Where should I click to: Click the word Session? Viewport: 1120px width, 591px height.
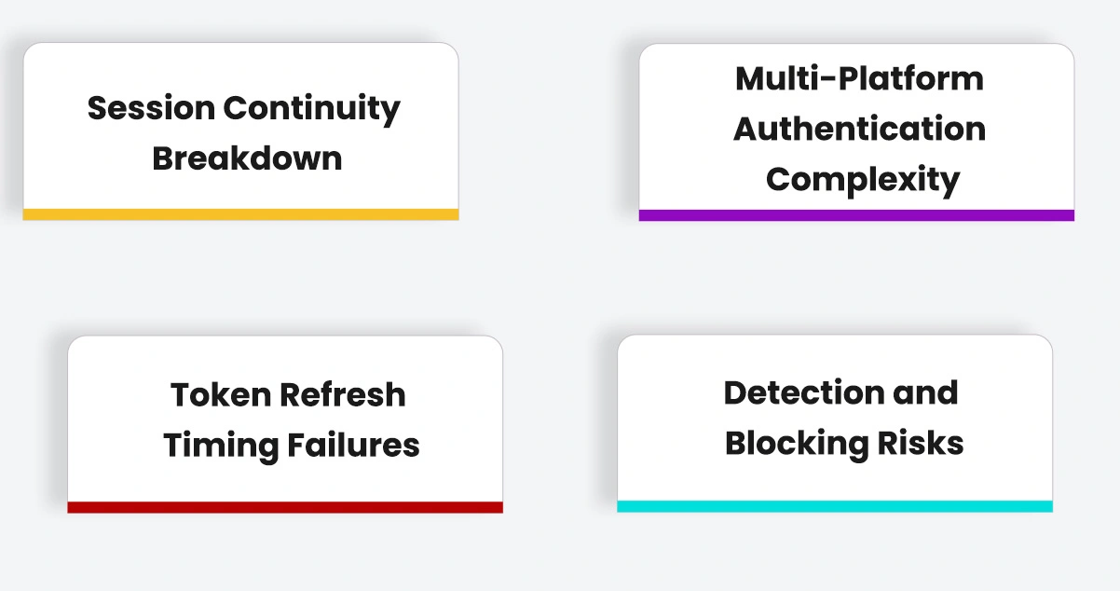(x=152, y=107)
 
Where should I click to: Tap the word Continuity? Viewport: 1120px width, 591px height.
(x=311, y=109)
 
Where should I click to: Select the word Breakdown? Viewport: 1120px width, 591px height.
(x=247, y=158)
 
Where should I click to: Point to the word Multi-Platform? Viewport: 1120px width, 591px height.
(x=859, y=79)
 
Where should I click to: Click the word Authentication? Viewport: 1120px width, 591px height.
(x=859, y=130)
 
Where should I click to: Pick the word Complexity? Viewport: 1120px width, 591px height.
(x=863, y=180)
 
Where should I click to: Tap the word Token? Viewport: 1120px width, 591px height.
(x=221, y=395)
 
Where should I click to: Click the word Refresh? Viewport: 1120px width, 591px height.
(x=343, y=395)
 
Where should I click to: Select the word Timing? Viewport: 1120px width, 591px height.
(x=221, y=447)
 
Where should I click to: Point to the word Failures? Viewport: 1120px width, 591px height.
(x=353, y=446)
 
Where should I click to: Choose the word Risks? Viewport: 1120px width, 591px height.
(x=921, y=444)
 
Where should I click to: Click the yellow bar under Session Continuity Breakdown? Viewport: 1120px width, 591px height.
(x=241, y=214)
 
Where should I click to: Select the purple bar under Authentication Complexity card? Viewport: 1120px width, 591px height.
(x=856, y=215)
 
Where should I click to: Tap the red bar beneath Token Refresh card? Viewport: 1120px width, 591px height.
(x=285, y=507)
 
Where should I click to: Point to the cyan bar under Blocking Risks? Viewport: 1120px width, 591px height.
(x=835, y=506)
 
